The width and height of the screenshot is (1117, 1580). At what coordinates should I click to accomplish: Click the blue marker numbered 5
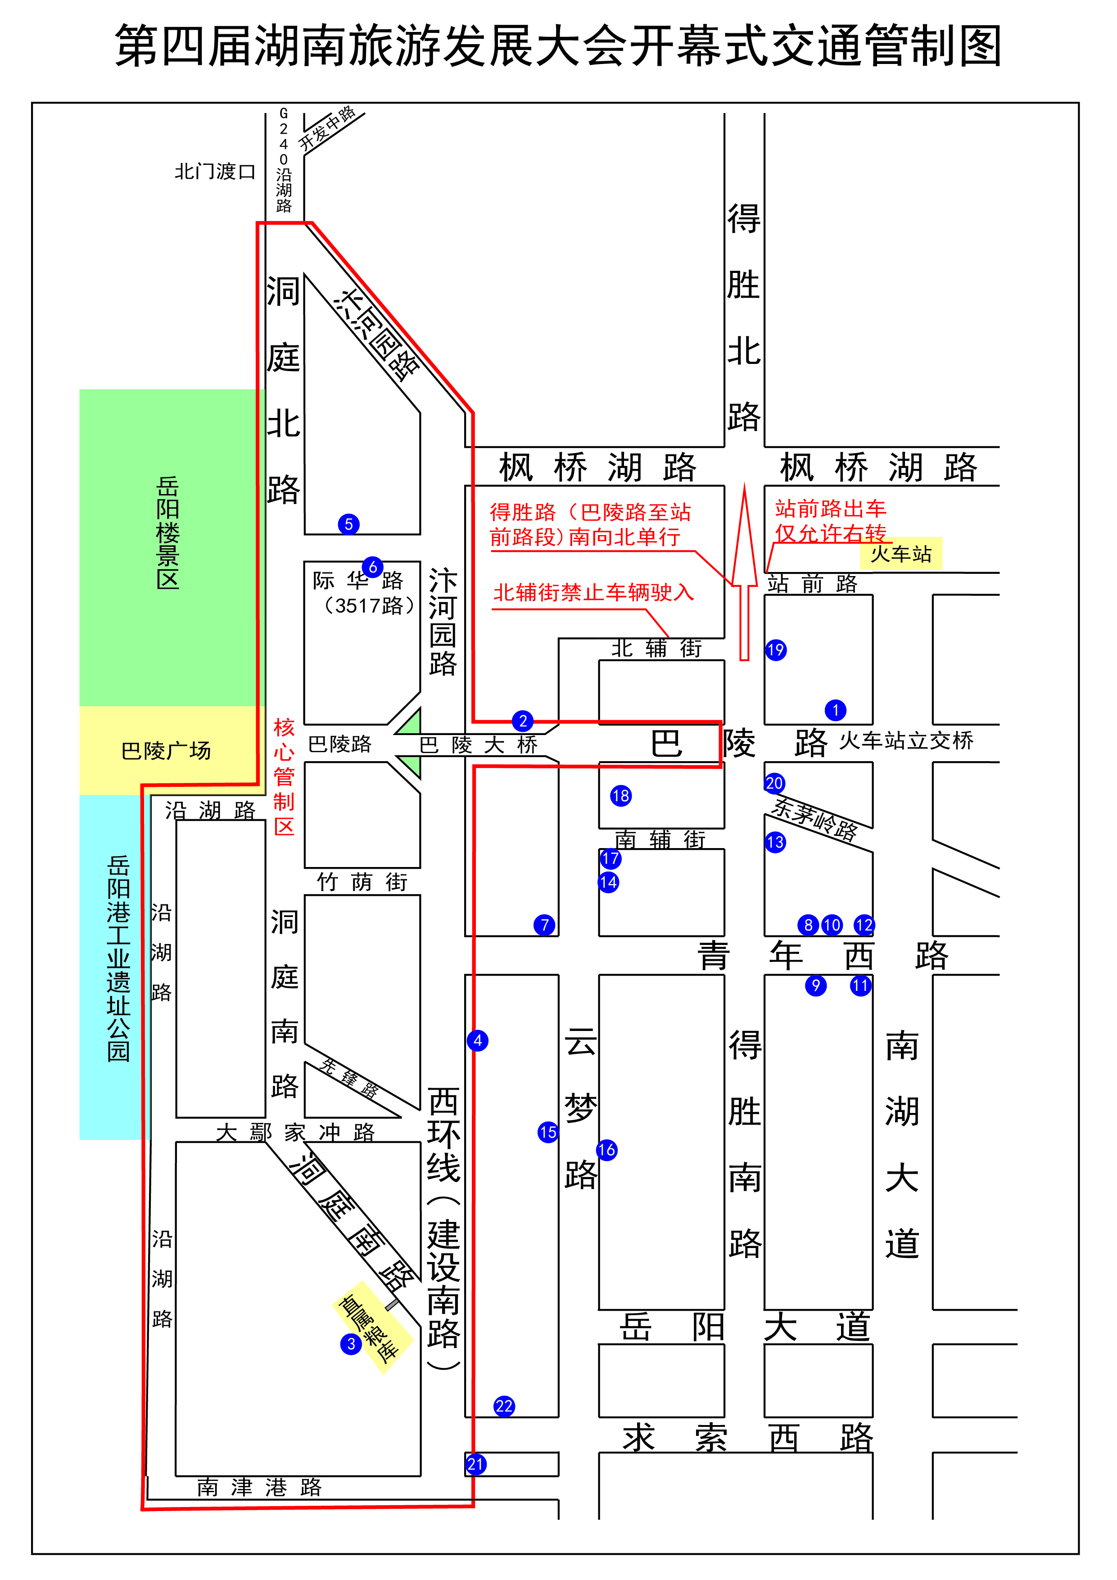[349, 524]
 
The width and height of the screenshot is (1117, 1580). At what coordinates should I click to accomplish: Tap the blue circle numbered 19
[776, 649]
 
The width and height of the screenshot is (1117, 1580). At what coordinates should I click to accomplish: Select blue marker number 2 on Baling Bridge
[523, 721]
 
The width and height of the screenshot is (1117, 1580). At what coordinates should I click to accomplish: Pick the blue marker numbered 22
[504, 1406]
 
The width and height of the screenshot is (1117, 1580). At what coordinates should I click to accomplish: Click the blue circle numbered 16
[606, 1149]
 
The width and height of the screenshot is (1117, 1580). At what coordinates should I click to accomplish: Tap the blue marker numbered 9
[816, 985]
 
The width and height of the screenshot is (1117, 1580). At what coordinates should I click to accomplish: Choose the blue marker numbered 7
[544, 925]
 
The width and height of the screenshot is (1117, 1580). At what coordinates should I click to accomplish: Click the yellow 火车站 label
[900, 554]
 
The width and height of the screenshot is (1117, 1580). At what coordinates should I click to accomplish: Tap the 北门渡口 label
[215, 171]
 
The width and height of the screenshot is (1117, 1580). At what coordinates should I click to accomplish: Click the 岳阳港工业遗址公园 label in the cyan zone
[118, 958]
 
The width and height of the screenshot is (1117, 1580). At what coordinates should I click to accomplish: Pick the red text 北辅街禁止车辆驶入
[593, 593]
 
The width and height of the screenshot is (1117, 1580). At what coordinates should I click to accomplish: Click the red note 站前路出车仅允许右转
[830, 521]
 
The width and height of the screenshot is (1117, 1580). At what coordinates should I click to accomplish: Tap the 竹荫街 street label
[362, 882]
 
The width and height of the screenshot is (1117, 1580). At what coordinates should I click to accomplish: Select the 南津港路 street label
[259, 1488]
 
